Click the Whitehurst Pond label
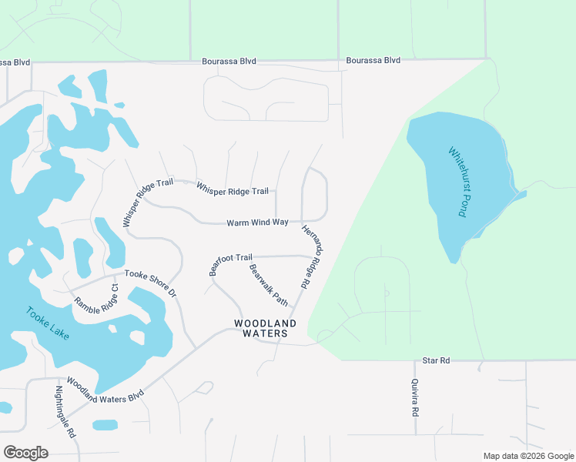(457, 182)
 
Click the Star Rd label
(436, 360)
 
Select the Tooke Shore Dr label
(151, 283)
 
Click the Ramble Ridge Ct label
(96, 296)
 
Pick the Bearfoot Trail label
(231, 263)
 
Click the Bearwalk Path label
(269, 285)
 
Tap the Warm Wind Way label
(257, 223)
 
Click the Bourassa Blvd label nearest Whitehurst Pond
(373, 60)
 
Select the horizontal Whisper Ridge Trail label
(232, 188)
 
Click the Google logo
(25, 453)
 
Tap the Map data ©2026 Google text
(527, 456)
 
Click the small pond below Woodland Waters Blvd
(105, 425)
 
